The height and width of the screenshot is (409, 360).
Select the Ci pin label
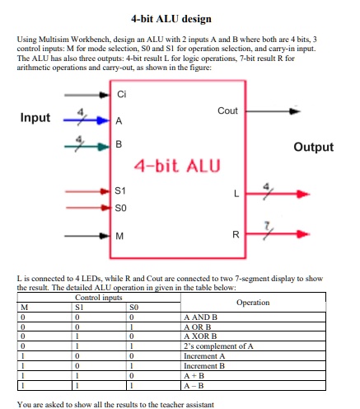122,94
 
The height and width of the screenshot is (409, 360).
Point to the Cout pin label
227,110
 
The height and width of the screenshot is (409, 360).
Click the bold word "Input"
35,118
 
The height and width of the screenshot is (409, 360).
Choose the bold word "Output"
313,147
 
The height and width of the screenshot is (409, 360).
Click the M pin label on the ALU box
121,237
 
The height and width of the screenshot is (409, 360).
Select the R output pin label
235,237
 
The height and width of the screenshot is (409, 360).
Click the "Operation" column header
252,303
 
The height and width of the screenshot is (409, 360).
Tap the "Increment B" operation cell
206,365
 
